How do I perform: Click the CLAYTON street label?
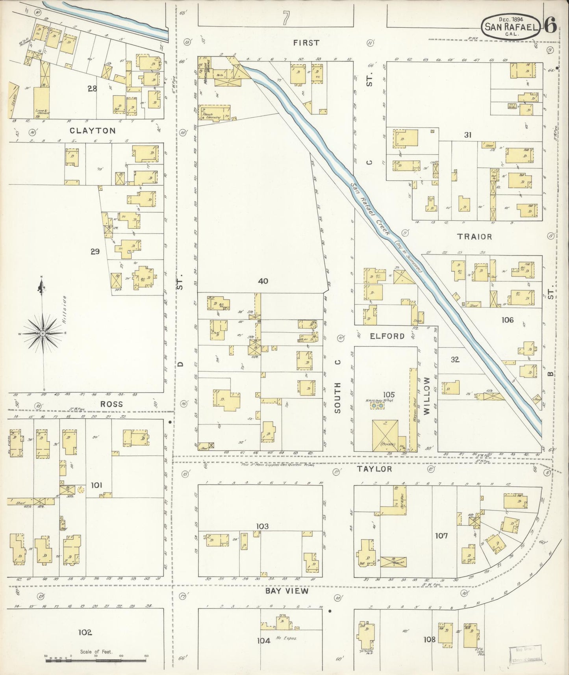click(93, 131)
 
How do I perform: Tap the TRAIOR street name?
click(474, 237)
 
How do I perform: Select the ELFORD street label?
click(387, 336)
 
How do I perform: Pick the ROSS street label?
click(111, 404)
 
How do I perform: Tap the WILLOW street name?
click(427, 395)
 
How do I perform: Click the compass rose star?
click(43, 333)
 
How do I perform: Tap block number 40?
click(263, 281)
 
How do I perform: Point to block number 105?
click(389, 395)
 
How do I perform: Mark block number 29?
click(95, 251)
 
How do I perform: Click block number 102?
click(85, 632)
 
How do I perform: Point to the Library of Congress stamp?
click(525, 655)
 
